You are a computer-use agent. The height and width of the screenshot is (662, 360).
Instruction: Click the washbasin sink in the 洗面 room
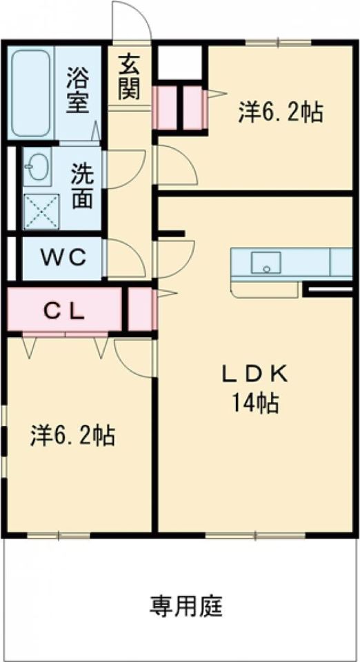35,167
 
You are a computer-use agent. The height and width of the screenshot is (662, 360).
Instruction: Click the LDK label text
252,374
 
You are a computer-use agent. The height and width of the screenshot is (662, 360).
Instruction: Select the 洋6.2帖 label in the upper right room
281,112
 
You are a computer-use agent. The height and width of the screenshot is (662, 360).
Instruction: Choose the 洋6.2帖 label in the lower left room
72,435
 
